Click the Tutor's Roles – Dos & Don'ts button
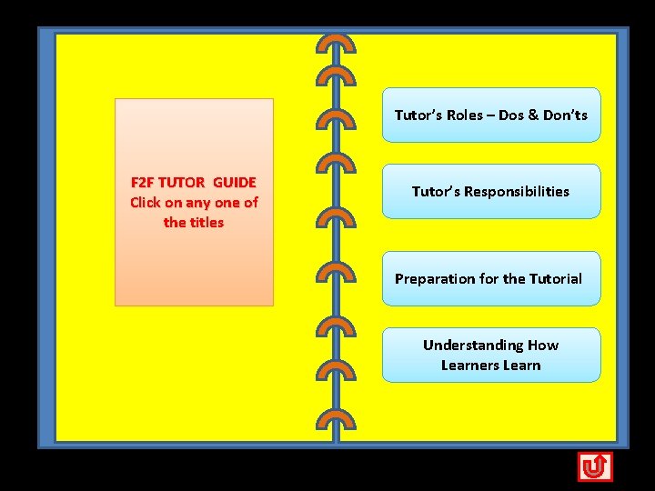point(491,115)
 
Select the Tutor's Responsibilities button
point(491,192)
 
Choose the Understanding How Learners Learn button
point(491,356)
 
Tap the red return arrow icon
point(595,466)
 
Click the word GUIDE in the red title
point(235,183)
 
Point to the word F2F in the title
point(143,183)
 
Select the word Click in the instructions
point(146,203)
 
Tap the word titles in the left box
point(206,223)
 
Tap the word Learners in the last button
point(470,366)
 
